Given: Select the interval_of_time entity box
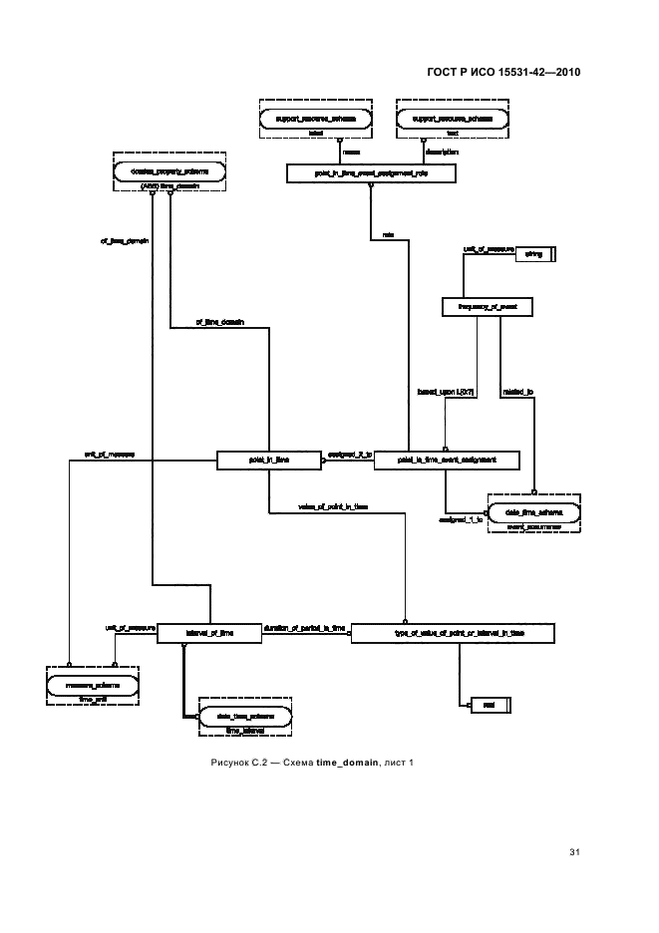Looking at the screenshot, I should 209,633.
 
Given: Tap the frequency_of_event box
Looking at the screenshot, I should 488,307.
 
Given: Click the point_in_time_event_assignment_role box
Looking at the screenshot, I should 370,173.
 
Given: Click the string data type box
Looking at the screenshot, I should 533,255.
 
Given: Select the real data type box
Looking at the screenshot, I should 490,705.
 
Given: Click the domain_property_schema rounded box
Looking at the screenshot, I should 169,172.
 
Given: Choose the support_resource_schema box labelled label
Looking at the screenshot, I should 315,119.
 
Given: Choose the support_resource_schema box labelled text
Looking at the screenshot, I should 452,119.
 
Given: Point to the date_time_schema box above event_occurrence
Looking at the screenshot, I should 535,511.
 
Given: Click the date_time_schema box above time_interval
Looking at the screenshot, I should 244,717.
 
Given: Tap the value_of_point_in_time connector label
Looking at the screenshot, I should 332,506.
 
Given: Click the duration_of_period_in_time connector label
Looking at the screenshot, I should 304,628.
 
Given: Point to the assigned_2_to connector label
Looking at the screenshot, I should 350,455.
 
